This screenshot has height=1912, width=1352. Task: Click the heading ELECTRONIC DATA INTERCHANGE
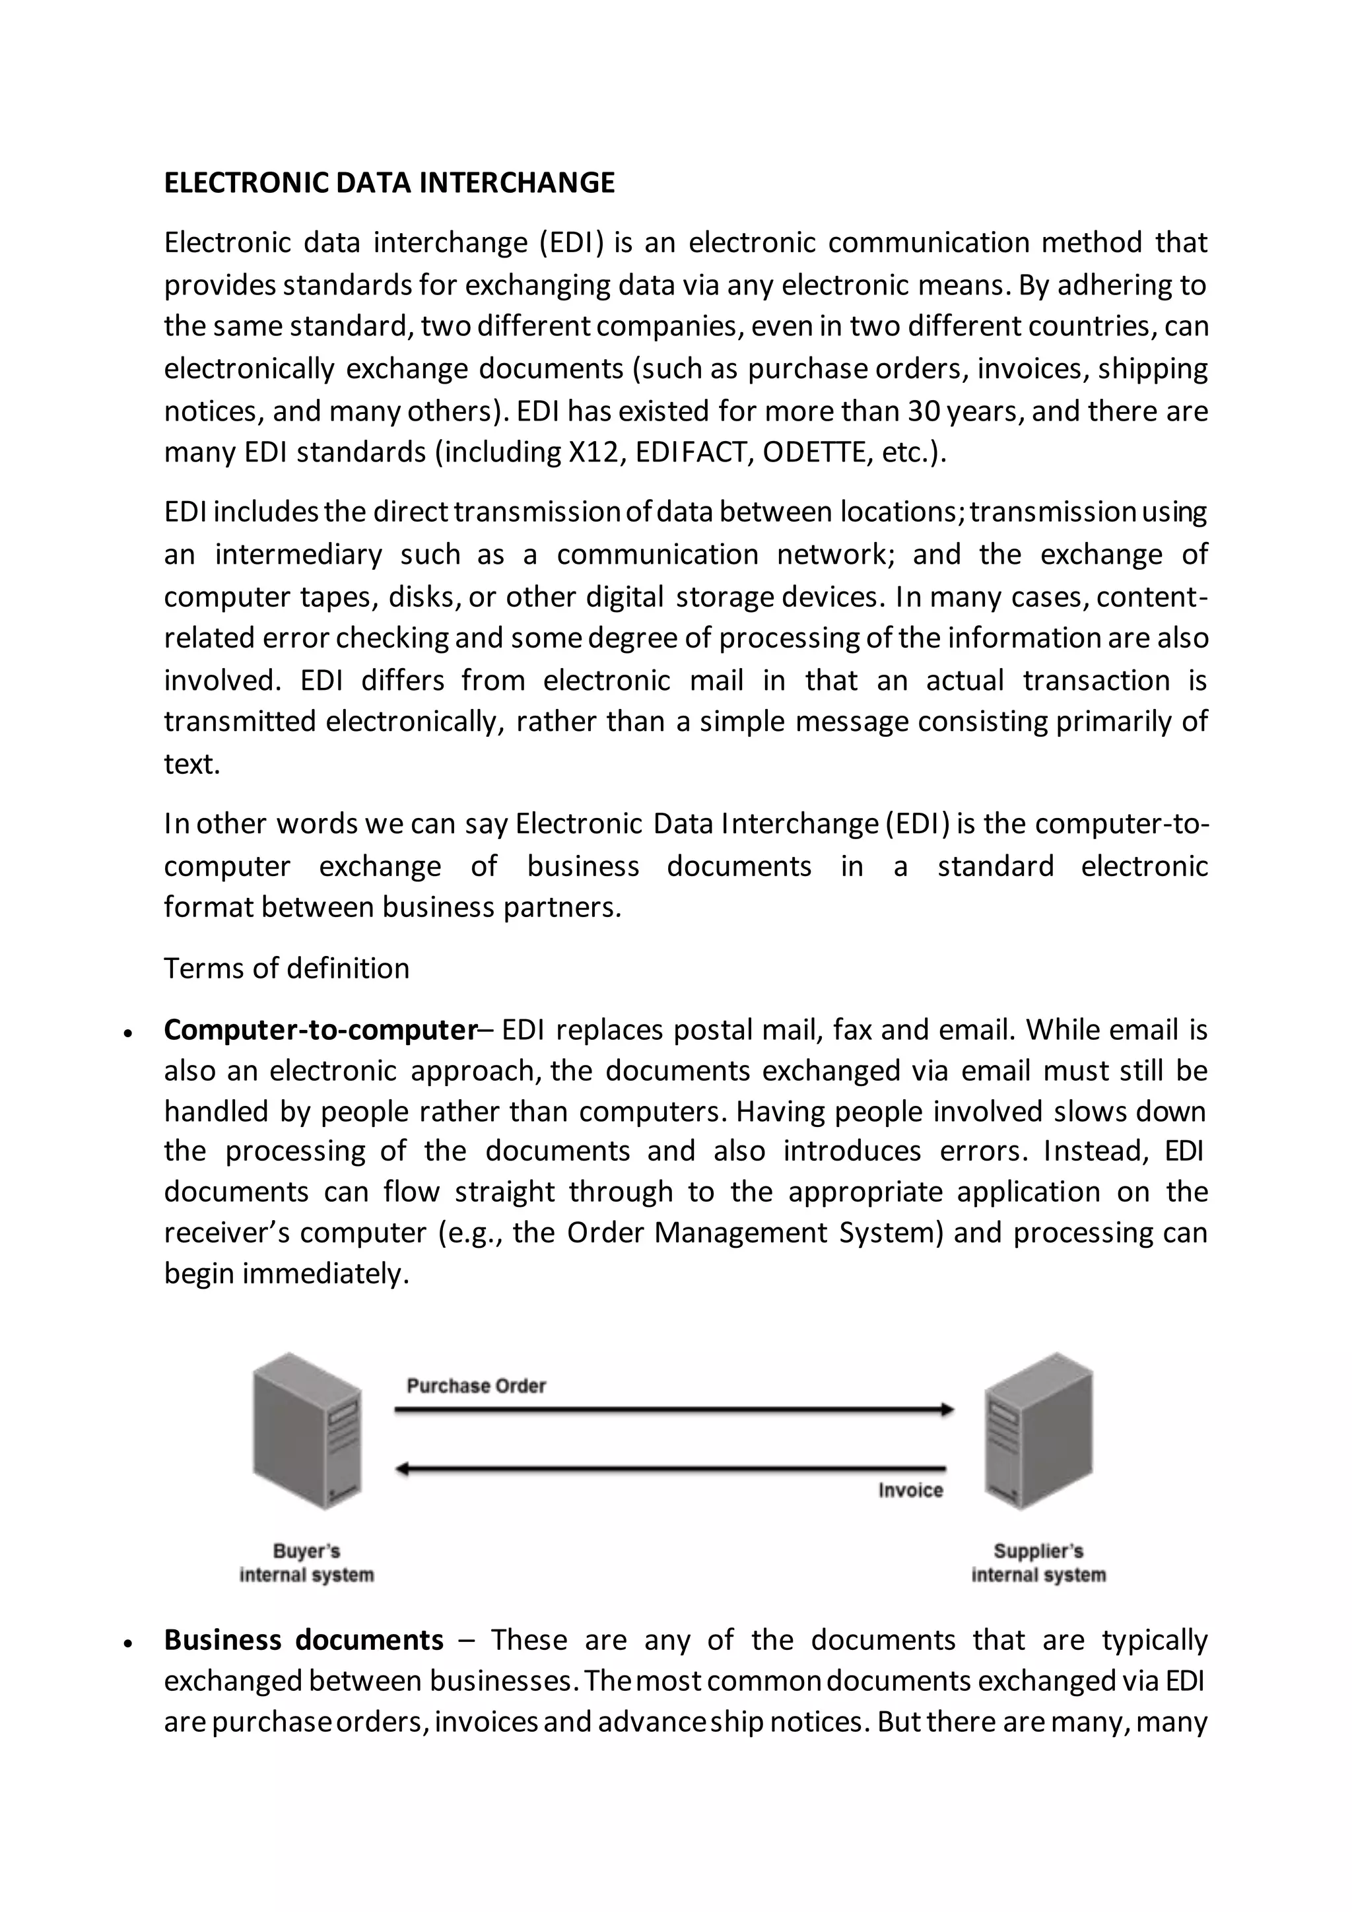pos(389,183)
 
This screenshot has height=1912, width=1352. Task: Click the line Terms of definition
pos(287,969)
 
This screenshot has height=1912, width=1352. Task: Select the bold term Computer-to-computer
pos(320,1030)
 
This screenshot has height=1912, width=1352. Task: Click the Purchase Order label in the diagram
pos(476,1386)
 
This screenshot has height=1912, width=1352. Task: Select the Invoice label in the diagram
pos(910,1490)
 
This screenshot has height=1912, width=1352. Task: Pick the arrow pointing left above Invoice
pos(671,1469)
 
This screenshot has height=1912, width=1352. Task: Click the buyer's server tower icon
pos(307,1430)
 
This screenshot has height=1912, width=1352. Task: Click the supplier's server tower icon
pos(1038,1430)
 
